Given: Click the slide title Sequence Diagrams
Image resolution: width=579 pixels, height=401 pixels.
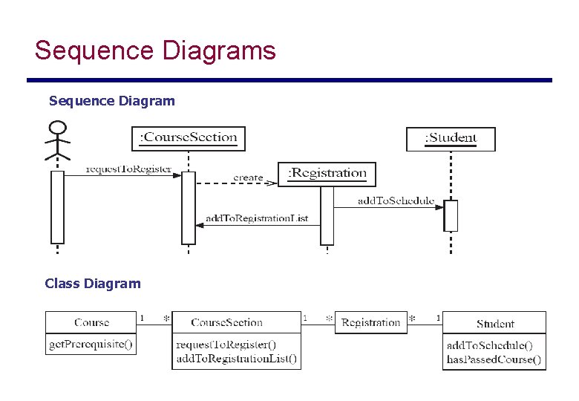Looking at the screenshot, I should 155,51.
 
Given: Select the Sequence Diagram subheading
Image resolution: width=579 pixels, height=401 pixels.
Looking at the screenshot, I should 111,100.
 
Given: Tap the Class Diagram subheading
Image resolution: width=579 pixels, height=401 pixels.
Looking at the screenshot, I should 92,283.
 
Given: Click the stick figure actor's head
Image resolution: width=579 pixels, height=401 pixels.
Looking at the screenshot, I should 57,126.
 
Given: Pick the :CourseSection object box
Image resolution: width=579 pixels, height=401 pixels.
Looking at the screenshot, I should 189,137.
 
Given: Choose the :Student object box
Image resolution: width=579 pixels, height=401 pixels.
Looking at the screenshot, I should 451,138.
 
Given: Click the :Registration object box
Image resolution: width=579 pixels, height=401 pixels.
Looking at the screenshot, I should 327,174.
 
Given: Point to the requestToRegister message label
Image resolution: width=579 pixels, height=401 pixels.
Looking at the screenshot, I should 128,169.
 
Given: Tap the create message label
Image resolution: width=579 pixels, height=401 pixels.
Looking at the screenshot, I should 248,177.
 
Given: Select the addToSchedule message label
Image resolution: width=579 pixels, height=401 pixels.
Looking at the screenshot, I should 396,200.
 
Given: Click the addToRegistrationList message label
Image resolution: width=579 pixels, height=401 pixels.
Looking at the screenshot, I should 256,218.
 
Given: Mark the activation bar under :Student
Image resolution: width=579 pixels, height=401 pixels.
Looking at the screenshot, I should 451,215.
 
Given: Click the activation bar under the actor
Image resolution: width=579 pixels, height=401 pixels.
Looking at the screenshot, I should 57,206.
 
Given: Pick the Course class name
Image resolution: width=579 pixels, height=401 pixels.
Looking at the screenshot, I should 91,322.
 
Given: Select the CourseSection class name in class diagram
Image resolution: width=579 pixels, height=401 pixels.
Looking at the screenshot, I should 226,322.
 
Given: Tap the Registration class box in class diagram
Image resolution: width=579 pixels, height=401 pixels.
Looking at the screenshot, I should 371,322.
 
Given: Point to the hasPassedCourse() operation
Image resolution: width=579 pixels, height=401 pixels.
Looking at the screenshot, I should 494,359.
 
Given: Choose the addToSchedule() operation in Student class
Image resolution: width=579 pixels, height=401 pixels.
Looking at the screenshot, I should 489,345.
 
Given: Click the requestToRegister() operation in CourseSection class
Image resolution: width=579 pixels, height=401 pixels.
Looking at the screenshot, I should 226,345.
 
